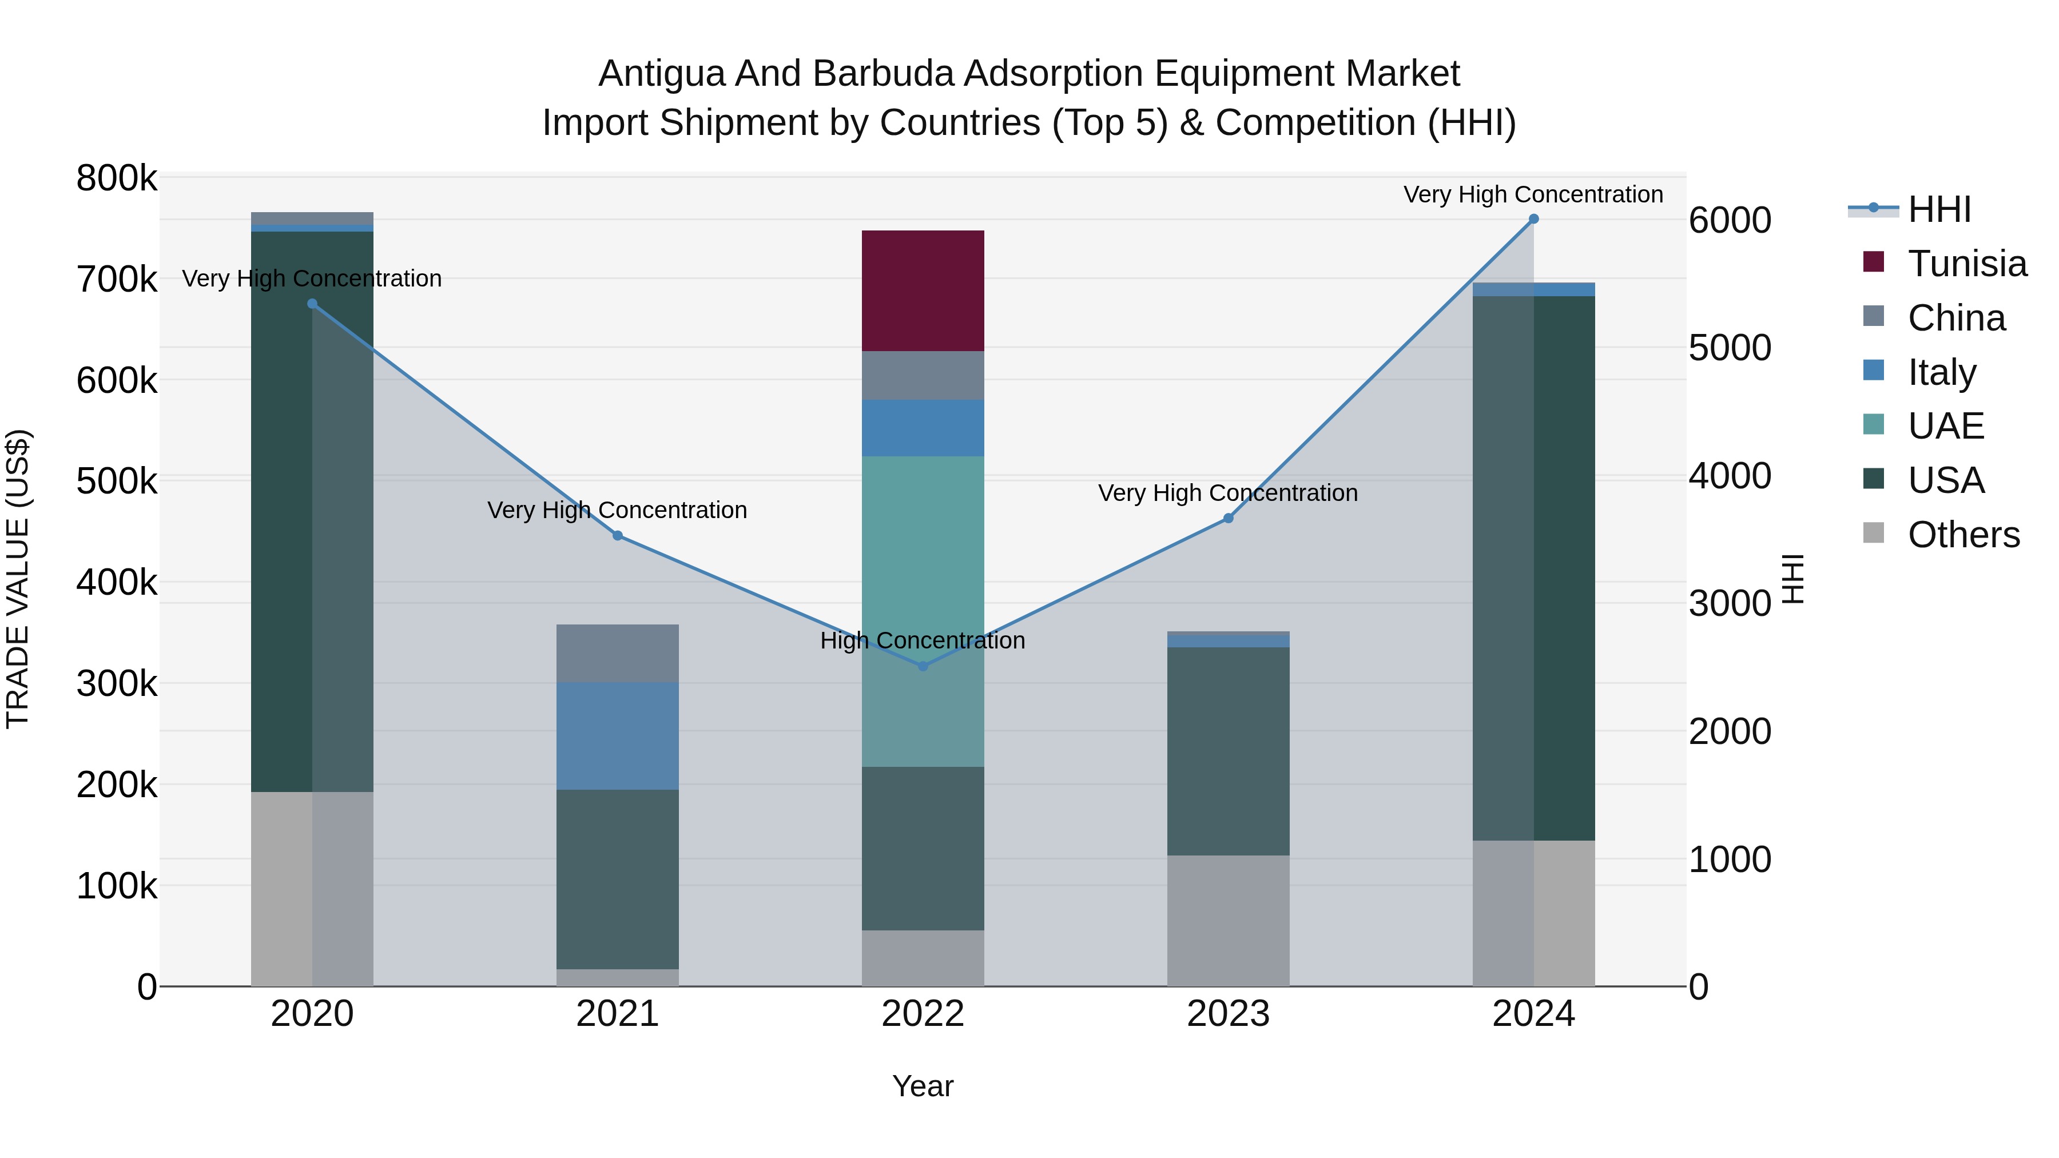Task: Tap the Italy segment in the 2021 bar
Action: (617, 735)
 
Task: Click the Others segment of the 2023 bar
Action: (1228, 920)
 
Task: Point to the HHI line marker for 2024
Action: (1533, 219)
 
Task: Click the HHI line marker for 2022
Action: (923, 666)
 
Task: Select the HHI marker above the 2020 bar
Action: (312, 304)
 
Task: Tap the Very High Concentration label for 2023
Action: (1228, 493)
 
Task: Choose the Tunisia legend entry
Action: (1966, 264)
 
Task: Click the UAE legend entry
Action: (1946, 426)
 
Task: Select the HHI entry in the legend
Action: (1939, 209)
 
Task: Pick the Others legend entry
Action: (1963, 535)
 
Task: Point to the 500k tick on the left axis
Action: (117, 481)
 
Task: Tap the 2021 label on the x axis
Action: (617, 1014)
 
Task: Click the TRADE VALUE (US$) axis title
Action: (18, 579)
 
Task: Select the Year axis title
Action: (923, 1086)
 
